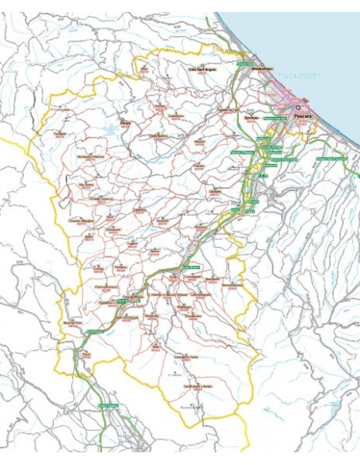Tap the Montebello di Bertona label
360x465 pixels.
click(x=90, y=156)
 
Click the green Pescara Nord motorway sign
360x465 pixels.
click(x=244, y=62)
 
